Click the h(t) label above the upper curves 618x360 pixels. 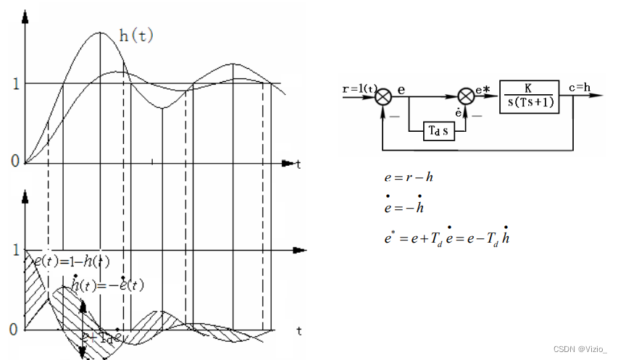(136, 35)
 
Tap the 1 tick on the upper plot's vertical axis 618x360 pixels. (15, 83)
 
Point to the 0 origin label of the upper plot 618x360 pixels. (14, 161)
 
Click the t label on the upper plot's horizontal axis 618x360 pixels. (298, 165)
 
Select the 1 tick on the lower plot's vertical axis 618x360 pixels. (15, 251)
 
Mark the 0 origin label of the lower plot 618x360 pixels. (14, 330)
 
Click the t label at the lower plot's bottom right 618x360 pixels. (298, 331)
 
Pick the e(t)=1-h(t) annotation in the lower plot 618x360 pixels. (72, 262)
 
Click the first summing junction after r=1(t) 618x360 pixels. (384, 96)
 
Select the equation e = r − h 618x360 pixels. (409, 176)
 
